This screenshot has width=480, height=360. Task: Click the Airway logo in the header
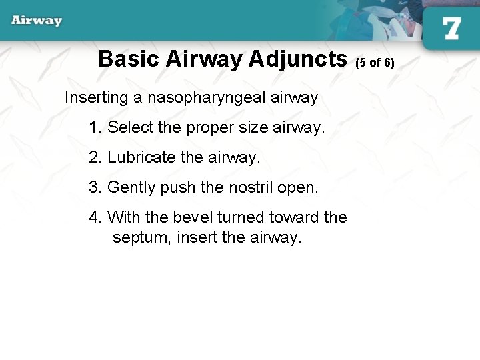coord(37,20)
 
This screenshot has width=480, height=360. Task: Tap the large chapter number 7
coord(451,29)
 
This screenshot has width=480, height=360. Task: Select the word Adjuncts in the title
coord(298,59)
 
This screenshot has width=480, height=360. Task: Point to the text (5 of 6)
coord(375,63)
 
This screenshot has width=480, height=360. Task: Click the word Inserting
coord(96,97)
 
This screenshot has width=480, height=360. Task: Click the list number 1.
coord(94,127)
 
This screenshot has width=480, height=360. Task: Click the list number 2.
coord(94,157)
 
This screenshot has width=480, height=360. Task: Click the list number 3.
coord(94,187)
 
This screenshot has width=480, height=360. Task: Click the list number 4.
coord(94,217)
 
